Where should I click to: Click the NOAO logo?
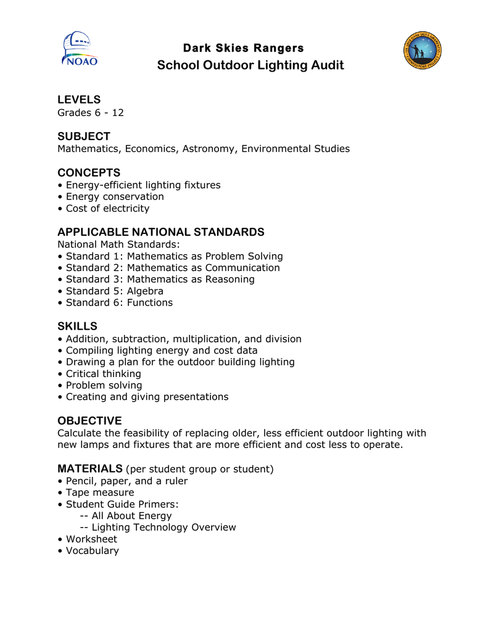click(x=79, y=50)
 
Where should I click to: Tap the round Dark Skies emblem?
click(x=423, y=51)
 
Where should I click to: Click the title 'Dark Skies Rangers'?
click(x=243, y=48)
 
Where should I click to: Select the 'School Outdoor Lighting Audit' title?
click(x=250, y=65)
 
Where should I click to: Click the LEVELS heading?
click(x=79, y=100)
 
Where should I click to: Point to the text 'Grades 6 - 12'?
click(x=91, y=112)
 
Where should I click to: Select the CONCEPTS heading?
click(x=89, y=173)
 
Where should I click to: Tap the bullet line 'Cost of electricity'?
click(x=107, y=209)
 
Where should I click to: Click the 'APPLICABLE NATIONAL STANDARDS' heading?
click(x=160, y=232)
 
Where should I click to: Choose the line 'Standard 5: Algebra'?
click(x=114, y=291)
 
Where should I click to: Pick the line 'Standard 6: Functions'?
click(x=119, y=302)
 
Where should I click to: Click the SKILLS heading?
click(x=77, y=326)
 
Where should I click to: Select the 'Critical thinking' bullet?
click(x=103, y=373)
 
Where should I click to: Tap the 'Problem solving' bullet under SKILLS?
click(x=104, y=385)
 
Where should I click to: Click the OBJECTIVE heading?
click(x=89, y=421)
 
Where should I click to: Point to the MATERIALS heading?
click(x=90, y=469)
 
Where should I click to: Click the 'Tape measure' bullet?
click(x=99, y=493)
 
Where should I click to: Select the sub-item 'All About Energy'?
click(x=131, y=515)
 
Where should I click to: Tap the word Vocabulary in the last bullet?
click(x=92, y=551)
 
